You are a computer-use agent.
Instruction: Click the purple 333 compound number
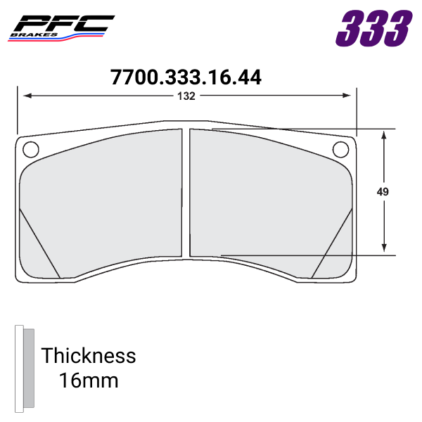(373, 28)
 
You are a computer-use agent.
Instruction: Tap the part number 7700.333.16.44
(186, 77)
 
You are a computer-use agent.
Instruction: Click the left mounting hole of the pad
(30, 149)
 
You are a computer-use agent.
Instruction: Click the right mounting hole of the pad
(340, 149)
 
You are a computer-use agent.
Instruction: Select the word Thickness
(89, 355)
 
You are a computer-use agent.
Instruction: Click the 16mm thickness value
(89, 381)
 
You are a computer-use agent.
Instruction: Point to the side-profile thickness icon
(24, 368)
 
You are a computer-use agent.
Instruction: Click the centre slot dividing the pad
(186, 193)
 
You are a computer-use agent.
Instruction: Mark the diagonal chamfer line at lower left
(40, 243)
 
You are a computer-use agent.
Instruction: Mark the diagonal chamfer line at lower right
(331, 243)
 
